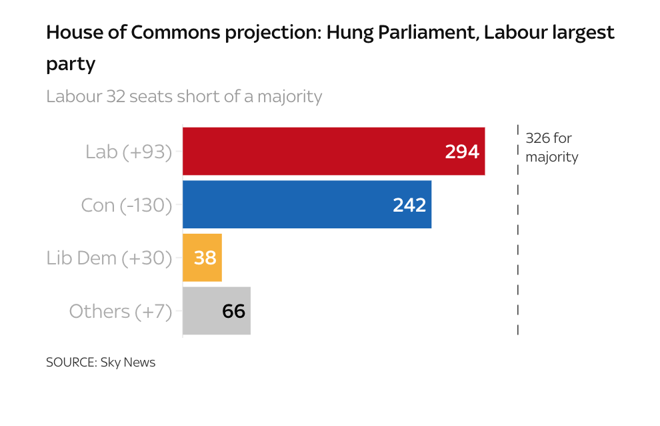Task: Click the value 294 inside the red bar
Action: [462, 152]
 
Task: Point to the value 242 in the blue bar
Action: [409, 205]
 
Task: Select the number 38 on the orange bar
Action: [205, 258]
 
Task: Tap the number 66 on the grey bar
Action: [233, 311]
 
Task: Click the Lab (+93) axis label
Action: [129, 152]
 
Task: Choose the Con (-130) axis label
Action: [126, 205]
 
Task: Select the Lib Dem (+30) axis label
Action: [109, 258]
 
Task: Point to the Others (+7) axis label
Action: [121, 311]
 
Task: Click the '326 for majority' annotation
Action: [551, 148]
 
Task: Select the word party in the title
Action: [71, 64]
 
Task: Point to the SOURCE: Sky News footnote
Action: [101, 363]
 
